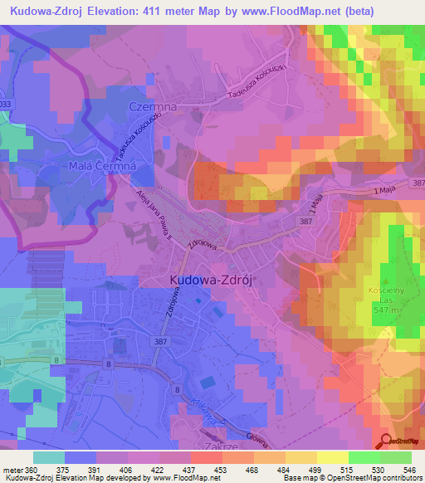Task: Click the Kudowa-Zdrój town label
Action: coord(210,281)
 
